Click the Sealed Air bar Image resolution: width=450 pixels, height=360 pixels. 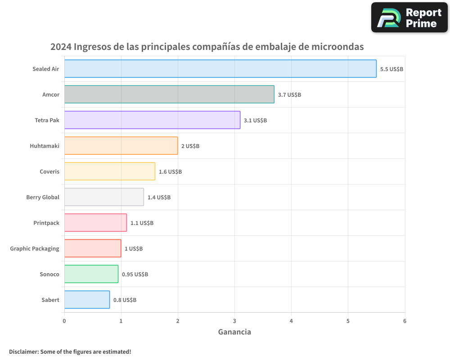(x=220, y=69)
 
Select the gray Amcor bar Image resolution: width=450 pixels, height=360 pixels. (x=169, y=94)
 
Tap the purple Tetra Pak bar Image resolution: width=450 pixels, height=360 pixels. (x=152, y=120)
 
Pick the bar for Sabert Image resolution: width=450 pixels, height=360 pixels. (x=87, y=300)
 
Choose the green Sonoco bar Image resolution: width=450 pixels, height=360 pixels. (x=91, y=274)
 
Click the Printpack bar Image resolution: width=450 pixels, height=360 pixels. (x=95, y=223)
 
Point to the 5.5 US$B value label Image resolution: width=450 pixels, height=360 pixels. (x=391, y=69)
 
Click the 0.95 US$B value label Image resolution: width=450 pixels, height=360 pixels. (x=135, y=274)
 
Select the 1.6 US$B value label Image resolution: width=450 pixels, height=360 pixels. (x=170, y=172)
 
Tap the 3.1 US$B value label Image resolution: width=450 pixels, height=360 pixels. (x=255, y=121)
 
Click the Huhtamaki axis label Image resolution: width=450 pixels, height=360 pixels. (x=45, y=146)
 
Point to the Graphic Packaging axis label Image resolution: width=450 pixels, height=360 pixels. (x=35, y=248)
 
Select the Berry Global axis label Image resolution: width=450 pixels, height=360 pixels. (x=43, y=197)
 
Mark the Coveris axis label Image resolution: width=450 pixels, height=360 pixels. (x=49, y=171)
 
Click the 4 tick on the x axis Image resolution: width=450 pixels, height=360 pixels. (x=291, y=321)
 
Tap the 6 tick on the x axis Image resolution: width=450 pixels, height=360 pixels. (x=405, y=321)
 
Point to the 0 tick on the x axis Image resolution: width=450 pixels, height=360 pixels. (x=64, y=321)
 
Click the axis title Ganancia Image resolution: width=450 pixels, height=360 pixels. (x=234, y=332)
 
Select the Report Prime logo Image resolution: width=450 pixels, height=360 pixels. (x=409, y=18)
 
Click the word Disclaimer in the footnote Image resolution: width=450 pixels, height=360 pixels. (x=23, y=351)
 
